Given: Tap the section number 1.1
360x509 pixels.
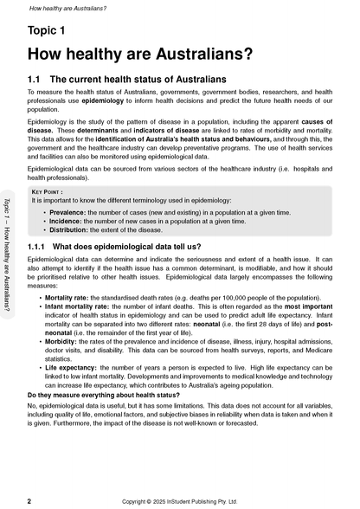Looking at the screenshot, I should point(37,79).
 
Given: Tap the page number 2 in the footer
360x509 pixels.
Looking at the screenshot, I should point(30,500).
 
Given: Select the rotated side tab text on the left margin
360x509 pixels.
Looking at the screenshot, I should point(8,252).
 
